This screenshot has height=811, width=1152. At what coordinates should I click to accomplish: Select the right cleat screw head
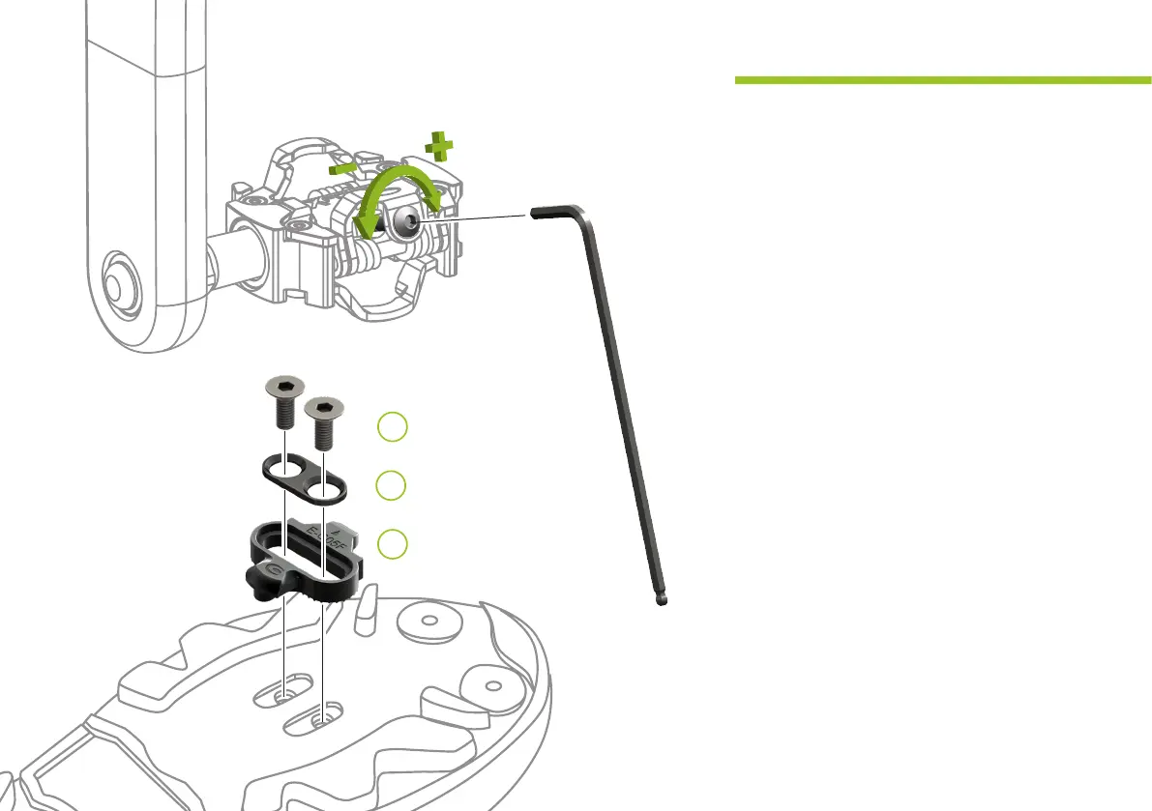click(324, 410)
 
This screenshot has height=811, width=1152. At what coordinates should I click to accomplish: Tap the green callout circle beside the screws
click(391, 427)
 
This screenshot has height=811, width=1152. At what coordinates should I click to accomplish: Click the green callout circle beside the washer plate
click(391, 486)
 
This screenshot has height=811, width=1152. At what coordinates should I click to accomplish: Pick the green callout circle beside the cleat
click(391, 544)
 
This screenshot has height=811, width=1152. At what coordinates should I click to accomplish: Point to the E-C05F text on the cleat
click(323, 542)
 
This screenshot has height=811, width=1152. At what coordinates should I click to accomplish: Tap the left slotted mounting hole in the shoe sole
click(282, 694)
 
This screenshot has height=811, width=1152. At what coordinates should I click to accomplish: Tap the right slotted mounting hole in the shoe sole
click(323, 717)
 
